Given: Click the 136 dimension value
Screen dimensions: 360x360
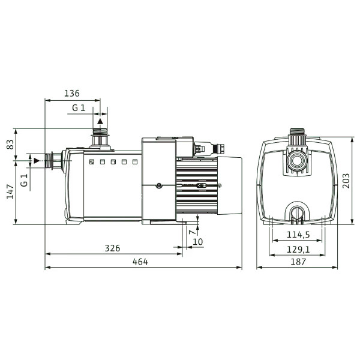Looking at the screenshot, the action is click(72, 94).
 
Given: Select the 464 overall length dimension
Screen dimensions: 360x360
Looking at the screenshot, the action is click(140, 262).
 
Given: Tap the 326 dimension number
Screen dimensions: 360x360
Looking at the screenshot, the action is click(113, 248).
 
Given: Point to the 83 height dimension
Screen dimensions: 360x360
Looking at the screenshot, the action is click(10, 145).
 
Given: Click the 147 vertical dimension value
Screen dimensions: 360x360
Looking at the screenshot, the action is click(10, 191).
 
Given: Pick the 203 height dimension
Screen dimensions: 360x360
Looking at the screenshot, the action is click(346, 181).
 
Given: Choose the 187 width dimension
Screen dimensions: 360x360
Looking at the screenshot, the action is click(298, 262).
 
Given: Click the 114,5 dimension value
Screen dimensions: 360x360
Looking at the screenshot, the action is click(298, 235).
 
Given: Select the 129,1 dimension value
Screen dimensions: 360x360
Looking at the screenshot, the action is click(298, 250).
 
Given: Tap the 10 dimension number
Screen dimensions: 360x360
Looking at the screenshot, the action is click(198, 242).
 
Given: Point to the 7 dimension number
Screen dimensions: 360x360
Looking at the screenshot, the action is click(193, 232).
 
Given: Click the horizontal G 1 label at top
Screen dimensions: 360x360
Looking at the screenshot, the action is click(79, 107).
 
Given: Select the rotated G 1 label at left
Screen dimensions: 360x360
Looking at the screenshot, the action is click(24, 180).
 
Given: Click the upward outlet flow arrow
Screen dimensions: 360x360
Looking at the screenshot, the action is click(100, 121).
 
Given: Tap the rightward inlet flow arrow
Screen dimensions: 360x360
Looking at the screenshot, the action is click(37, 161).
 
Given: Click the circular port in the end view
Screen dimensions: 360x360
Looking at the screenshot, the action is click(298, 160).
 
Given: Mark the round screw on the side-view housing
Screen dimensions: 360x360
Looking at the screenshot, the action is click(159, 186).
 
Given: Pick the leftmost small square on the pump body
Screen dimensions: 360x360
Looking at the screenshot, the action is click(92, 161).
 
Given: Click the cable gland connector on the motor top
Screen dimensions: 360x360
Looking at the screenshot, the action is click(209, 148).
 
